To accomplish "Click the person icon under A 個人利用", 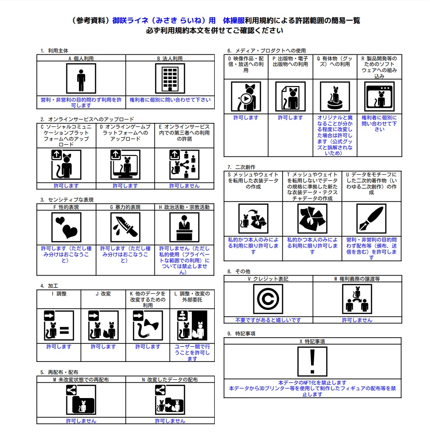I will (81, 79).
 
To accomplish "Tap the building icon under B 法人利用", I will (170, 79).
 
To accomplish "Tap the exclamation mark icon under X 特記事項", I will (312, 361).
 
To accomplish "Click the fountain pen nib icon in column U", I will (371, 219).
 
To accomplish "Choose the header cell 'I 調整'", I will (59, 294).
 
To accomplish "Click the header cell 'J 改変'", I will (103, 294).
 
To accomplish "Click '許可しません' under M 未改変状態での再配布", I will (81, 421).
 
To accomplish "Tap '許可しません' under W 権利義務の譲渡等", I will (357, 320).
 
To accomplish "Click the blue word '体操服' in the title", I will (233, 20).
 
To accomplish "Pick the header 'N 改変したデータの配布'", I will (170, 379).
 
